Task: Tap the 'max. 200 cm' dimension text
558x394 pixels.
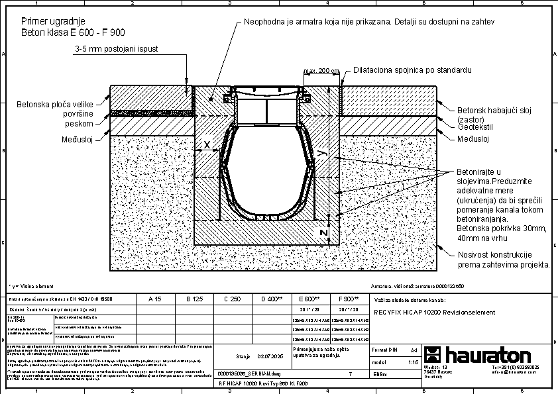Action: pos(321,71)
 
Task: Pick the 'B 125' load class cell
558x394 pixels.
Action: pos(194,299)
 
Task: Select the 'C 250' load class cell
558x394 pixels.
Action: pos(232,299)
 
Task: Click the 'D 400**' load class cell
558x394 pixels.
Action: pos(272,299)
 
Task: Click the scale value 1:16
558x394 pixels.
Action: pos(413,363)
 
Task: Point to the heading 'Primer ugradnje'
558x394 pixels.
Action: pos(53,22)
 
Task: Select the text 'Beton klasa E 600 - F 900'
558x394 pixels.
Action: pos(73,32)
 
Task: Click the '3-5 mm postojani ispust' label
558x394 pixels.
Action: pos(116,49)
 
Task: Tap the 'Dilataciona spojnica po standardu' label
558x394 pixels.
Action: pos(412,70)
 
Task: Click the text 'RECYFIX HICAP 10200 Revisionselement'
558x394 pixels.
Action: pos(434,313)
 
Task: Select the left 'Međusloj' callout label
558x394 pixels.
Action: pos(76,139)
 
